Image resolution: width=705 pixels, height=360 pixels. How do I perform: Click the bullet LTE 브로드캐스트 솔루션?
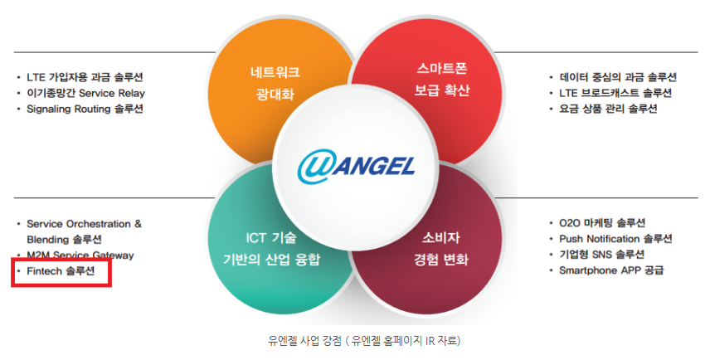pos(615,93)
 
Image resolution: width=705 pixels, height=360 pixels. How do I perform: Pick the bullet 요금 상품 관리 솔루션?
pos(608,109)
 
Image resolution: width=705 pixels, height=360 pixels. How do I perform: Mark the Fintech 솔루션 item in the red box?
pos(61,271)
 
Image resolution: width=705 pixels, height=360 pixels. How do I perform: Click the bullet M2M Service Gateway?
pos(80,255)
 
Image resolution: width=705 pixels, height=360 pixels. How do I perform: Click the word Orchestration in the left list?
pos(103,224)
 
